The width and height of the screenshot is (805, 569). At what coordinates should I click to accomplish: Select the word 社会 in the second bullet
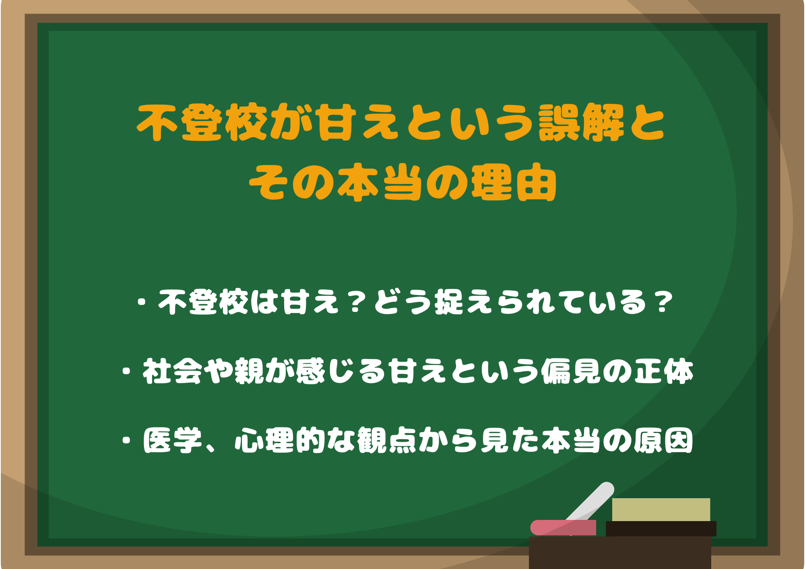click(172, 371)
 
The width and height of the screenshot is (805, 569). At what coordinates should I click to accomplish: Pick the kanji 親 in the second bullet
click(249, 371)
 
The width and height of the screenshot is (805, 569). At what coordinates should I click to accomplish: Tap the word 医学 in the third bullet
click(172, 440)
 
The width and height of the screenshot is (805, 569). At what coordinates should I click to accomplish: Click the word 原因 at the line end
click(664, 440)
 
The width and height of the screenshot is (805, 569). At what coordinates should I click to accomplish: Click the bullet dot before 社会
click(127, 371)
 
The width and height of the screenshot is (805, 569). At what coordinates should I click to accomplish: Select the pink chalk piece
click(563, 528)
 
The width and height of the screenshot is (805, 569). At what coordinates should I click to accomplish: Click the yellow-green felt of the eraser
click(661, 509)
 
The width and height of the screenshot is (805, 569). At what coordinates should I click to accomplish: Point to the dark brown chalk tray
click(620, 553)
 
